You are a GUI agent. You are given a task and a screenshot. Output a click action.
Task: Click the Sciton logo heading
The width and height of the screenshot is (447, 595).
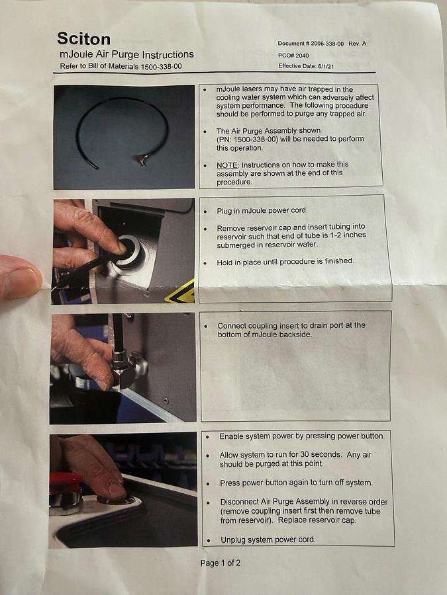coord(83,39)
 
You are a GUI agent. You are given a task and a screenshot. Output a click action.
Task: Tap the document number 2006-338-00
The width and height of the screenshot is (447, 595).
coord(327,44)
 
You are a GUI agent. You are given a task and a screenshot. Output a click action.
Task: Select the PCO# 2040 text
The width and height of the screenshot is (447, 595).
coord(293,56)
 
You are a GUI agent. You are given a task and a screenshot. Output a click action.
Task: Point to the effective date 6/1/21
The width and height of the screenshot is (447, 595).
coord(326,66)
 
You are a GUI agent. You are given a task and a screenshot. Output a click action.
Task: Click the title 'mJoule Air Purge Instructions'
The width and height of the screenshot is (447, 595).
coord(126,55)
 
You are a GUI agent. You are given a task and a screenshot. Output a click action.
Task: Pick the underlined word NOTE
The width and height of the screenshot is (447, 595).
coord(226,165)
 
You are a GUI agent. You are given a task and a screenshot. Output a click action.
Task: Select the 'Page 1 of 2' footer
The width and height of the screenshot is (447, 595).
coord(221,563)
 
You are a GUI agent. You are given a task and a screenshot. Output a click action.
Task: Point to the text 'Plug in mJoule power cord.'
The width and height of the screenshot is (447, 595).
coord(262,211)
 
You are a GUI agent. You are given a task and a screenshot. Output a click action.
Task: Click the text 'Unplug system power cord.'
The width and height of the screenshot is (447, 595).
coord(268,539)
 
